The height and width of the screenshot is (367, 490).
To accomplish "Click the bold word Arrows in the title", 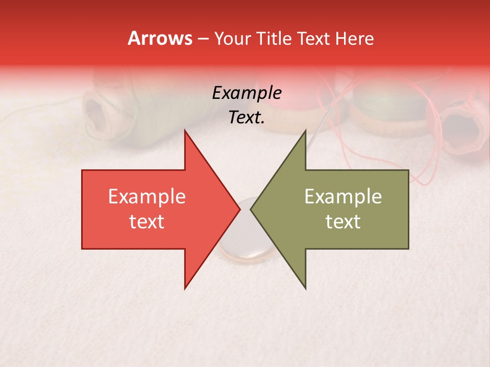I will click(x=160, y=38).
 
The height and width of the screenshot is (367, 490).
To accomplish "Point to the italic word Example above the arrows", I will click(x=247, y=93).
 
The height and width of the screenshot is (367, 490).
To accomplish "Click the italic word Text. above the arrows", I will click(x=247, y=118).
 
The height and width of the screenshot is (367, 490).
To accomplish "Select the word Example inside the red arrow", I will click(x=146, y=197).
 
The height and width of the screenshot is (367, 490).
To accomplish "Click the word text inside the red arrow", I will click(x=146, y=222).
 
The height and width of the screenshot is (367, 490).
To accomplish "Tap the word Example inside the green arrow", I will click(x=343, y=197).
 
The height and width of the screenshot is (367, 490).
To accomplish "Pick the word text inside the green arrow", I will click(x=343, y=222).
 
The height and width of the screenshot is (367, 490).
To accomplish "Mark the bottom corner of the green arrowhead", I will click(x=305, y=289).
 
